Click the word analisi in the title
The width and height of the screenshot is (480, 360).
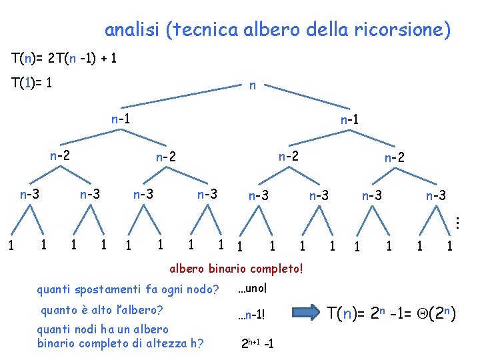point(133,30)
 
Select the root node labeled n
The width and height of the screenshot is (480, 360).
point(252,85)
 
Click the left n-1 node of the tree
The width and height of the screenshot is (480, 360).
point(121,119)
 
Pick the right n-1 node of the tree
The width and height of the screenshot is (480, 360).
point(351,121)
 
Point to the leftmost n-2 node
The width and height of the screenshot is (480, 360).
point(60,156)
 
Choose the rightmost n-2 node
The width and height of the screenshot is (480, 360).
point(395,158)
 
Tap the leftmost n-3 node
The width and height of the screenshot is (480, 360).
point(29,195)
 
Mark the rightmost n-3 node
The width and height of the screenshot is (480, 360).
point(436,196)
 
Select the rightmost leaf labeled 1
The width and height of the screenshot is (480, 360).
point(450,247)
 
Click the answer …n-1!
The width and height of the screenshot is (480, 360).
point(255,314)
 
